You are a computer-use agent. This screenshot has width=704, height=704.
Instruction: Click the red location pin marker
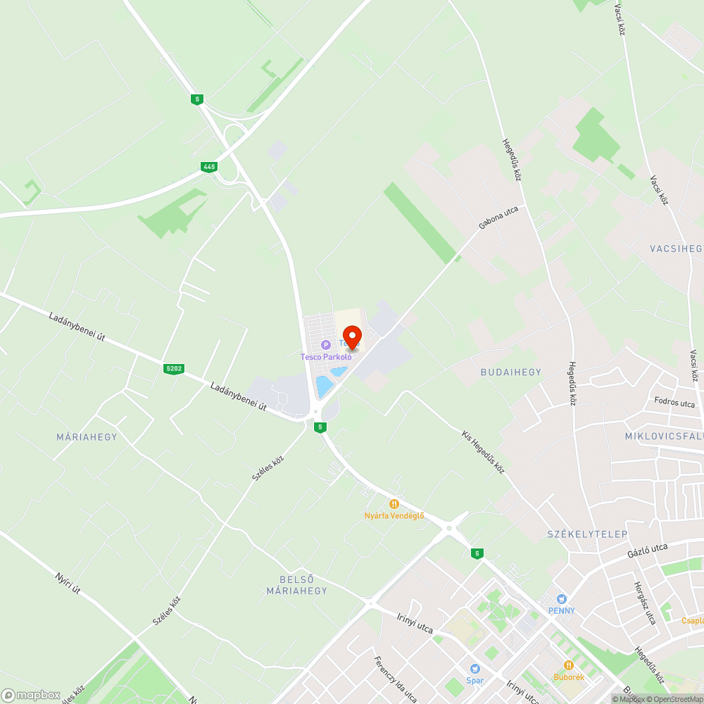pyautogui.click(x=351, y=337)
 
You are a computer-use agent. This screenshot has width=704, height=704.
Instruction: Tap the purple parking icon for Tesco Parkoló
pyautogui.click(x=325, y=345)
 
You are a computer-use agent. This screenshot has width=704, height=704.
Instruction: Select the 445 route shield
pyautogui.click(x=208, y=167)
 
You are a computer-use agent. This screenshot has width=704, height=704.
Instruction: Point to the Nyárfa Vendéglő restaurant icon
pyautogui.click(x=394, y=504)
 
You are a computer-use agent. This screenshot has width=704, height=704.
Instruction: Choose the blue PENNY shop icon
pyautogui.click(x=561, y=598)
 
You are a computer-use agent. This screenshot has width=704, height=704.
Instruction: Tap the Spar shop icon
pyautogui.click(x=475, y=669)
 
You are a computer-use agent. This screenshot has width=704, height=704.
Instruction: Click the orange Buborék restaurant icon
pyautogui.click(x=568, y=665)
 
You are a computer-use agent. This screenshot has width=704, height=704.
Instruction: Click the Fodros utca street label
pyautogui.click(x=674, y=403)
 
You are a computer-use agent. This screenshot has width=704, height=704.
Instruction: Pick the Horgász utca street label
pyautogui.click(x=645, y=603)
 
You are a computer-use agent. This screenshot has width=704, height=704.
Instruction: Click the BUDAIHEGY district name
pyautogui.click(x=511, y=372)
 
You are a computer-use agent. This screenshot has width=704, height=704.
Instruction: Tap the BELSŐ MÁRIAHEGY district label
pyautogui.click(x=296, y=585)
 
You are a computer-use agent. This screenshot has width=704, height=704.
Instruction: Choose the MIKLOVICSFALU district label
pyautogui.click(x=663, y=436)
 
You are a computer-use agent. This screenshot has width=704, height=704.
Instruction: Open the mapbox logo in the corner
pyautogui.click(x=31, y=694)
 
